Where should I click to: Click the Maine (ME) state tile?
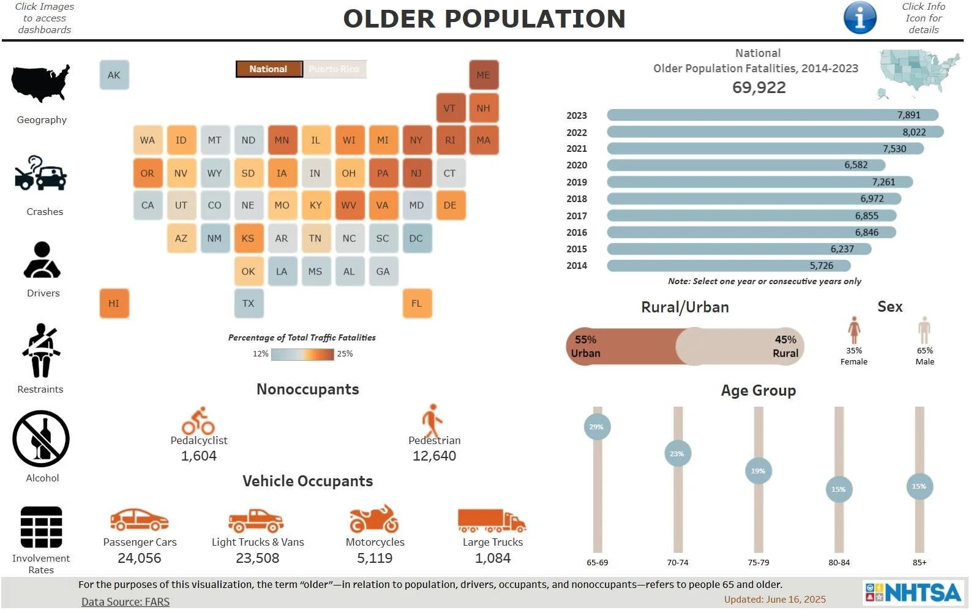[483, 75]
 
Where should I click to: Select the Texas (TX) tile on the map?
[248, 303]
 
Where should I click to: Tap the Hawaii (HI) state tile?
[114, 303]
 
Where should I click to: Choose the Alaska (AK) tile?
[114, 75]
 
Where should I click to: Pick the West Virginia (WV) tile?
[349, 205]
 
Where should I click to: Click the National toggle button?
[269, 69]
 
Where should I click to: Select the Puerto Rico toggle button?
[334, 69]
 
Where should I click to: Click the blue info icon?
[860, 18]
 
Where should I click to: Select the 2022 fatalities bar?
[774, 132]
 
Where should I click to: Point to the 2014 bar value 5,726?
[821, 266]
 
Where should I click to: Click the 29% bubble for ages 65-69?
[596, 427]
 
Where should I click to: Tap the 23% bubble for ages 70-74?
[677, 454]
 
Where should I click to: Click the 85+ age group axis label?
[919, 562]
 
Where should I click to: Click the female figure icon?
[853, 330]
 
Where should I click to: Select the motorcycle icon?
[374, 519]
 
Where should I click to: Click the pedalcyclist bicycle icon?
[198, 421]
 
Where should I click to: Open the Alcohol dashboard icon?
[41, 439]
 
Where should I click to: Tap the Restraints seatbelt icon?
[41, 350]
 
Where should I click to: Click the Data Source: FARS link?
[126, 601]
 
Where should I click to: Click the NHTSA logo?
[913, 592]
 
